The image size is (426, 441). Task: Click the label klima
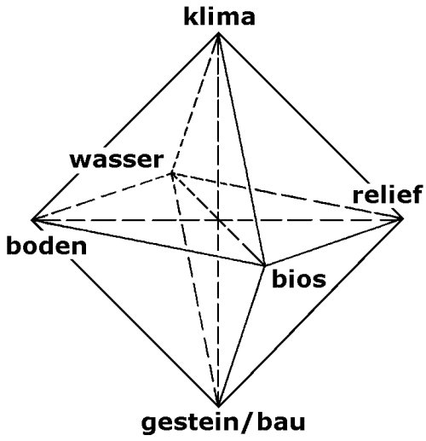(x=219, y=17)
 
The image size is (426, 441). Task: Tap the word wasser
(x=117, y=160)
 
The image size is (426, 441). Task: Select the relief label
(x=388, y=194)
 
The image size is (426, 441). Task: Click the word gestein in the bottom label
(x=190, y=423)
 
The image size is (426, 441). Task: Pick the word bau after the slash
(x=281, y=421)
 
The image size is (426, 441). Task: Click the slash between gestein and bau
(x=248, y=422)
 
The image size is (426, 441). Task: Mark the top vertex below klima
(x=218, y=33)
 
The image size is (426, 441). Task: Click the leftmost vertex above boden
(x=32, y=219)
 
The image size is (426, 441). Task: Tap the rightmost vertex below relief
(x=403, y=218)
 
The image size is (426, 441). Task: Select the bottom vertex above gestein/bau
(x=218, y=406)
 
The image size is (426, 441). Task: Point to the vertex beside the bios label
(x=265, y=265)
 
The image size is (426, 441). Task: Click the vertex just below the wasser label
(x=171, y=172)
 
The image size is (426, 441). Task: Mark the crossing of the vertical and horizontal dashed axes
(x=218, y=219)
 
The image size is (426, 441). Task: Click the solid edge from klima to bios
(x=241, y=149)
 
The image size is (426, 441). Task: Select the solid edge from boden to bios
(x=148, y=242)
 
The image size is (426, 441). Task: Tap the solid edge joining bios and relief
(x=334, y=242)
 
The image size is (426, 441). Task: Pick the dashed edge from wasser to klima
(x=194, y=103)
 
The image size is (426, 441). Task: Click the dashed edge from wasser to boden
(x=101, y=196)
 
